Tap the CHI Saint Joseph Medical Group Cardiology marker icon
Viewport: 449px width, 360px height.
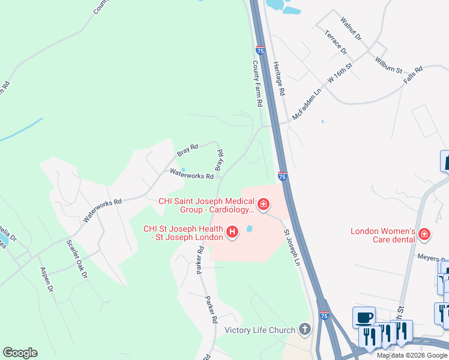[x=263, y=206]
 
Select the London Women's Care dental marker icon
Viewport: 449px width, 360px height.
[x=424, y=233]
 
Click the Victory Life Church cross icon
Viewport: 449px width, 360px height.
[x=305, y=329]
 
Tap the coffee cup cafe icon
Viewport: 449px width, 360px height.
[x=364, y=317]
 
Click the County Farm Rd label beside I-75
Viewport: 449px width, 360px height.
[x=258, y=84]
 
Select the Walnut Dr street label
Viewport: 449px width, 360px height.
[x=351, y=29]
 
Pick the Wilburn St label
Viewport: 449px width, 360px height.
[x=388, y=65]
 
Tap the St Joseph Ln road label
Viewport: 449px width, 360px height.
[x=292, y=246]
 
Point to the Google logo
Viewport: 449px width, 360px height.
[x=20, y=353]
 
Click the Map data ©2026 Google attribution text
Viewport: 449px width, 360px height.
[x=411, y=355]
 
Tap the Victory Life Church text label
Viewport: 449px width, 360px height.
[x=260, y=330]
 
